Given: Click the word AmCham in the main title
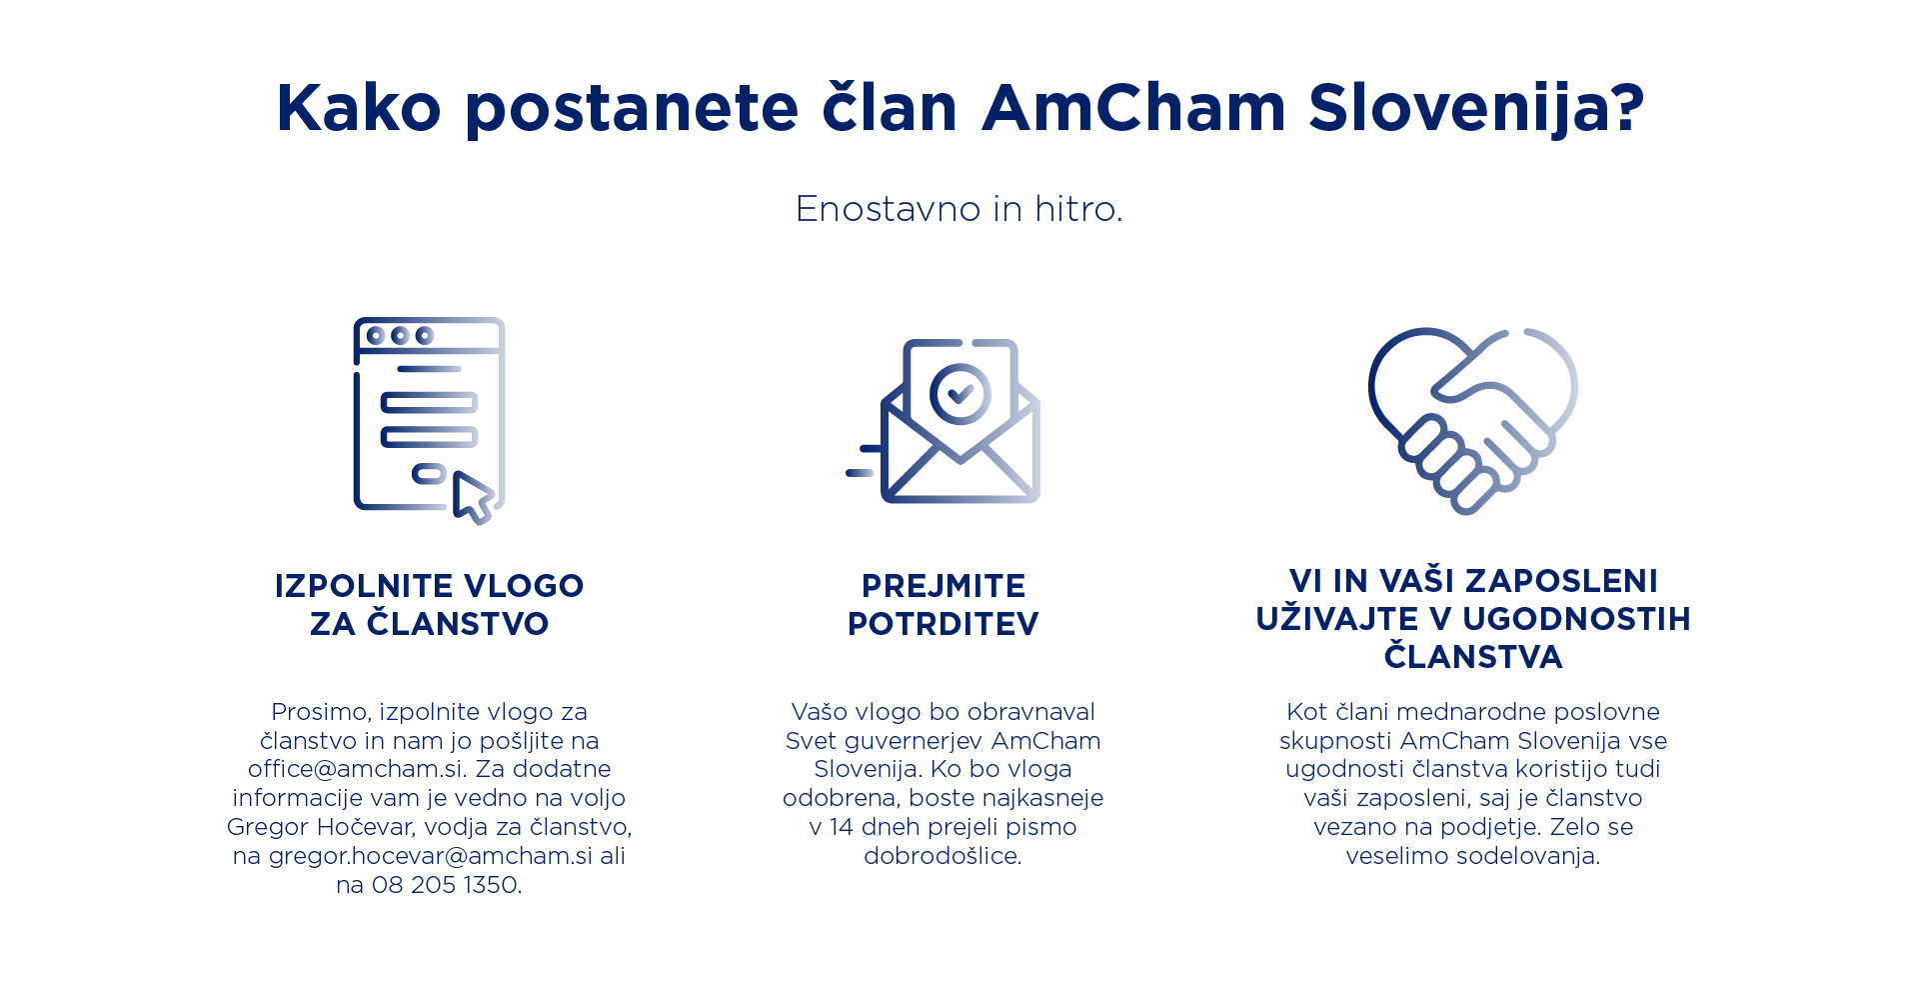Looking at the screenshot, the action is click(x=1133, y=107).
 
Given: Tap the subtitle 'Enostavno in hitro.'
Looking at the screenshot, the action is click(x=959, y=209).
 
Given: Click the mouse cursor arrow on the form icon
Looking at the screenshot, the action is click(x=473, y=497).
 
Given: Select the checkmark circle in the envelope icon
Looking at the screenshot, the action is click(x=959, y=394).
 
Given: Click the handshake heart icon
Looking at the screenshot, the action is click(x=1472, y=420).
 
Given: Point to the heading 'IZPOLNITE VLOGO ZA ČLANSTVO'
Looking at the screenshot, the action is click(x=430, y=604).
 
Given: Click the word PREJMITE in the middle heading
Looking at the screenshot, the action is click(x=944, y=585).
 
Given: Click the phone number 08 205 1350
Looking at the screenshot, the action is click(x=446, y=885).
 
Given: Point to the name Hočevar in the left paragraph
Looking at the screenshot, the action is click(x=365, y=827).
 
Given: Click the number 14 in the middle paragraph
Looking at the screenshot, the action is click(x=842, y=827).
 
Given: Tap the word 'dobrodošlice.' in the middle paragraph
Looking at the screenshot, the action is click(x=944, y=856).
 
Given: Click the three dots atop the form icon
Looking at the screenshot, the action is click(x=400, y=335).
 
